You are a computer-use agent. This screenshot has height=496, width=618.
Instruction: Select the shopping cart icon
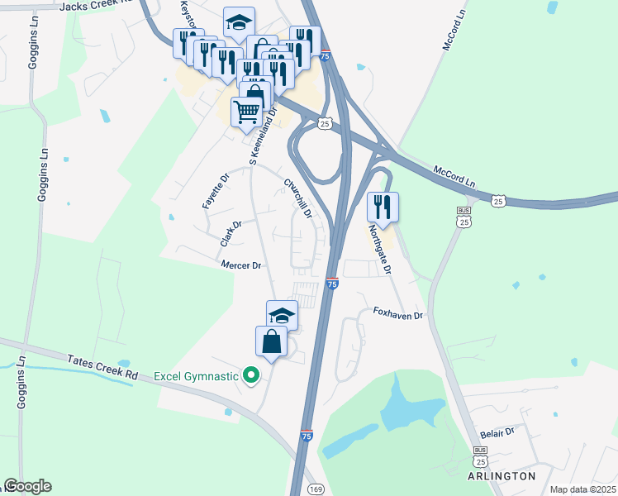tap(246, 111)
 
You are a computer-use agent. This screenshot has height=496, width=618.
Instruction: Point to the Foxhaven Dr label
tap(397, 314)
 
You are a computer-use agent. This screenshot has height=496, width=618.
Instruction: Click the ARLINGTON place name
tap(500, 476)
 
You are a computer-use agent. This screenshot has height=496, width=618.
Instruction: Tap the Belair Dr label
tap(497, 432)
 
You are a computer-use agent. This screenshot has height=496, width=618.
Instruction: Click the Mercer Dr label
tap(241, 265)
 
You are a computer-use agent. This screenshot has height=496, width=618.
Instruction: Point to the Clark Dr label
tap(231, 233)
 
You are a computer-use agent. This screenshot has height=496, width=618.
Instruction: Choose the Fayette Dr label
tap(214, 190)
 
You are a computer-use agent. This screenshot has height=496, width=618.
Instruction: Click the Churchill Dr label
tap(297, 198)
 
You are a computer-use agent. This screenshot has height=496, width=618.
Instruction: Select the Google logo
tap(27, 486)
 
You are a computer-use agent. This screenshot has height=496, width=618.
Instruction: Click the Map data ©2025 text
tap(582, 489)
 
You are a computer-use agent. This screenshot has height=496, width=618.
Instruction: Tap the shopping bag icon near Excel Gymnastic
tap(272, 340)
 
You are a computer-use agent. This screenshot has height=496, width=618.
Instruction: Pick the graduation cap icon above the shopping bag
tap(282, 314)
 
